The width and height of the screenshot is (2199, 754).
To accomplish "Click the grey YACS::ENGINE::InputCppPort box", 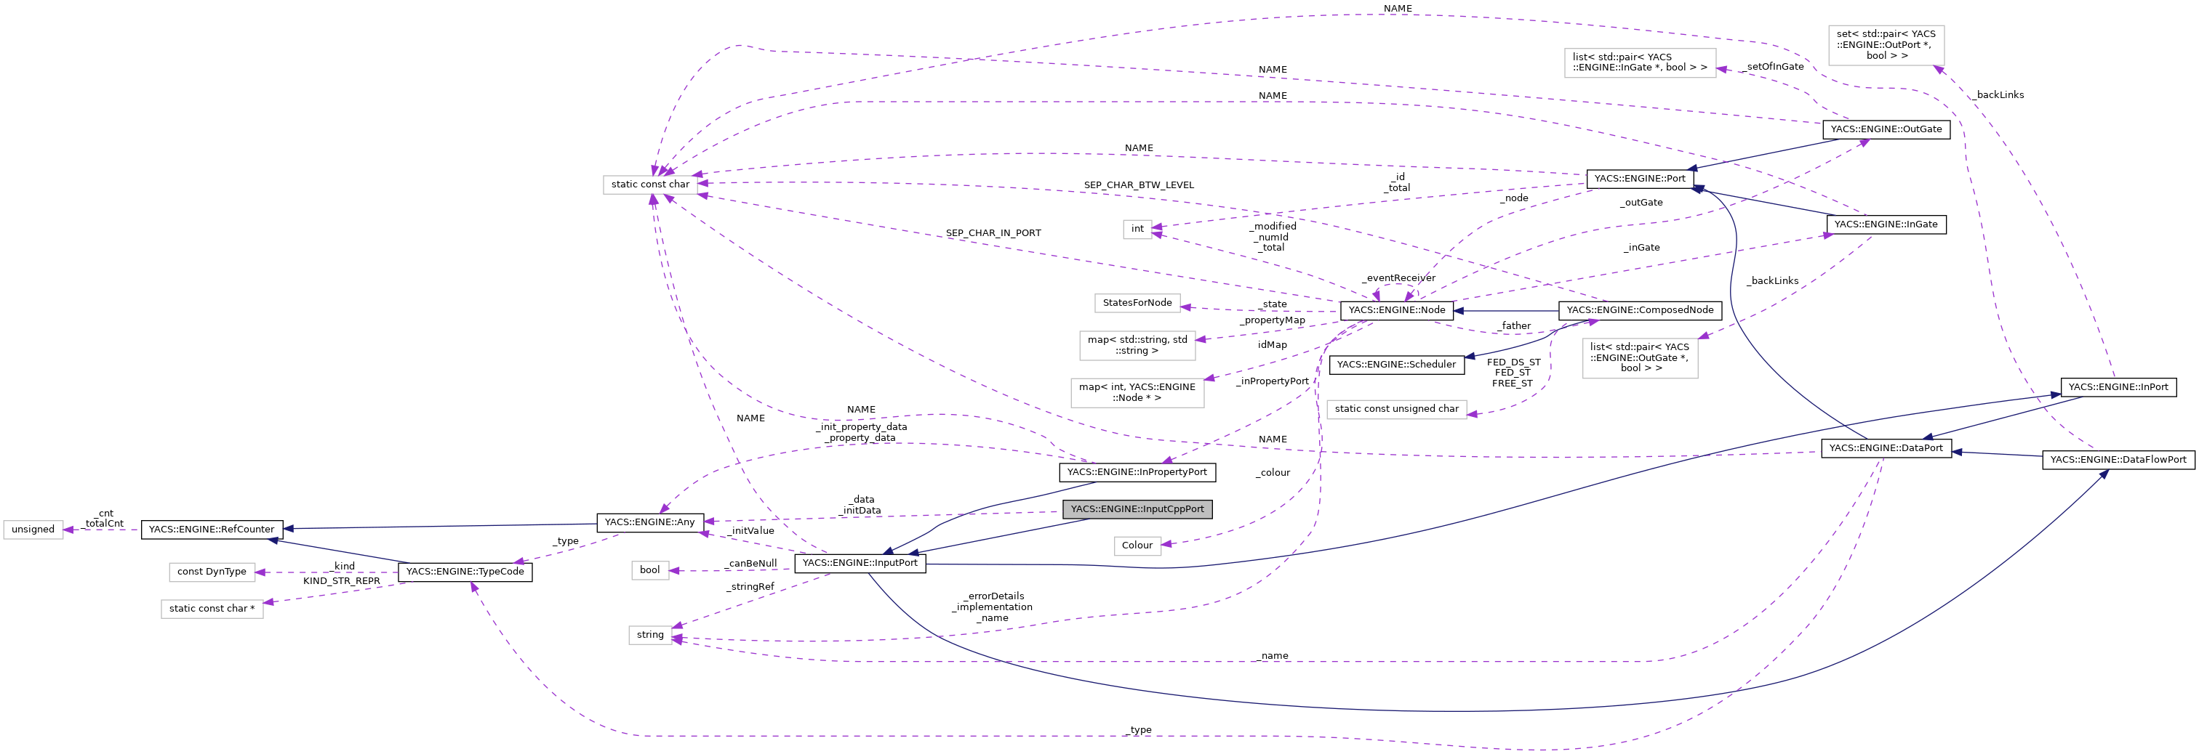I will [1137, 509].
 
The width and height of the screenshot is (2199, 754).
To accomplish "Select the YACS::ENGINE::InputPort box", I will [860, 563].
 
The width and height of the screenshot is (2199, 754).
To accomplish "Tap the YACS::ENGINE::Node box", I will [1397, 310].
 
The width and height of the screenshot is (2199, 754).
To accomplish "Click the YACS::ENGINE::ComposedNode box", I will [1640, 310].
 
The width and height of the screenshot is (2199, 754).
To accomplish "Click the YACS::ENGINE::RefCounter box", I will [212, 530].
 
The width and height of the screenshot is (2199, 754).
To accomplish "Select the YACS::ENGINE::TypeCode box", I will [465, 572].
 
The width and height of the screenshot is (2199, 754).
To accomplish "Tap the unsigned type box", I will [33, 530].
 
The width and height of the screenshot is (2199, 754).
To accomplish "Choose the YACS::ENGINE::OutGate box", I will [1886, 129].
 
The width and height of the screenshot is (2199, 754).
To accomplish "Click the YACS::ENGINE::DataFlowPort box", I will [2118, 460].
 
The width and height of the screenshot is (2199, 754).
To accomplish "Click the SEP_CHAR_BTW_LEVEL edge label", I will [1138, 185].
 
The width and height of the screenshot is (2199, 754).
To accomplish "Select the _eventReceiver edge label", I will [1398, 278].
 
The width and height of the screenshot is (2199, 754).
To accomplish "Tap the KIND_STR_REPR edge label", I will [342, 581].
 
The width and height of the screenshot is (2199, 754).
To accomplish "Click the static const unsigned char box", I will [1397, 410].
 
